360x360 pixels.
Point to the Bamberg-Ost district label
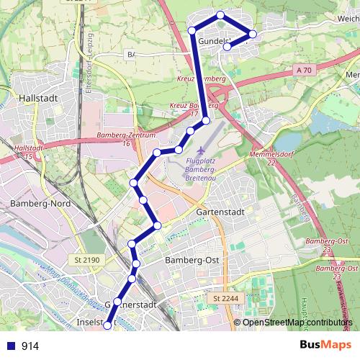click(x=192, y=259)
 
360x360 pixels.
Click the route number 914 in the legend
click(x=30, y=346)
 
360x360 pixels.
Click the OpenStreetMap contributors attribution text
click(x=298, y=323)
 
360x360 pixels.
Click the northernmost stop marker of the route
click(x=220, y=15)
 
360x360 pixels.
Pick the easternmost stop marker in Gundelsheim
click(x=253, y=34)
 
